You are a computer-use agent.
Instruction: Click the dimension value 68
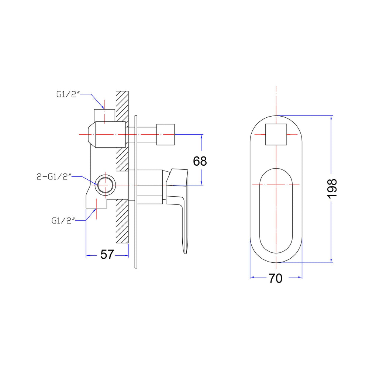[x=200, y=161]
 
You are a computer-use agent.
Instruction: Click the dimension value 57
[x=107, y=254]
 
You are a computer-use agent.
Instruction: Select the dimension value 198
[x=332, y=189]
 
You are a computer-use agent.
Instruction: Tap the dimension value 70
[x=276, y=278]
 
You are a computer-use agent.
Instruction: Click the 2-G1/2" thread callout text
[x=54, y=176]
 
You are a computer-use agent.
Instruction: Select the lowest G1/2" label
[x=63, y=221]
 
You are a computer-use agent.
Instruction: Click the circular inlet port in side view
[x=105, y=185]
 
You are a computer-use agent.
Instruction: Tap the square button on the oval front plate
[x=276, y=134]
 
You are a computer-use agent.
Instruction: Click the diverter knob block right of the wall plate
[x=165, y=134]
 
